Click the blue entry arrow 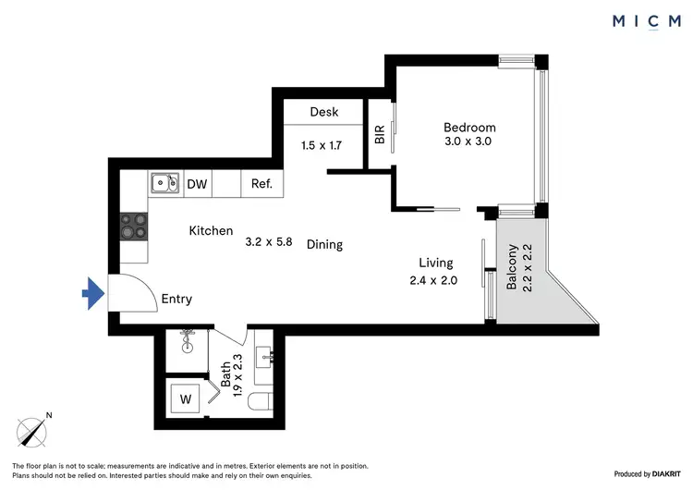tap(92, 295)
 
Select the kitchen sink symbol tap(165, 183)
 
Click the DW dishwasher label tap(197, 184)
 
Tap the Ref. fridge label tap(261, 184)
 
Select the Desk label tap(323, 112)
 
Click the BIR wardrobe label tap(380, 135)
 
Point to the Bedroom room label tap(469, 128)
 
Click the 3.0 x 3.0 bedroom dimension tap(469, 142)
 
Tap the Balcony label tap(512, 268)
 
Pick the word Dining tap(324, 245)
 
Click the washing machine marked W tap(185, 400)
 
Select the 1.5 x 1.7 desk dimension tap(322, 145)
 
